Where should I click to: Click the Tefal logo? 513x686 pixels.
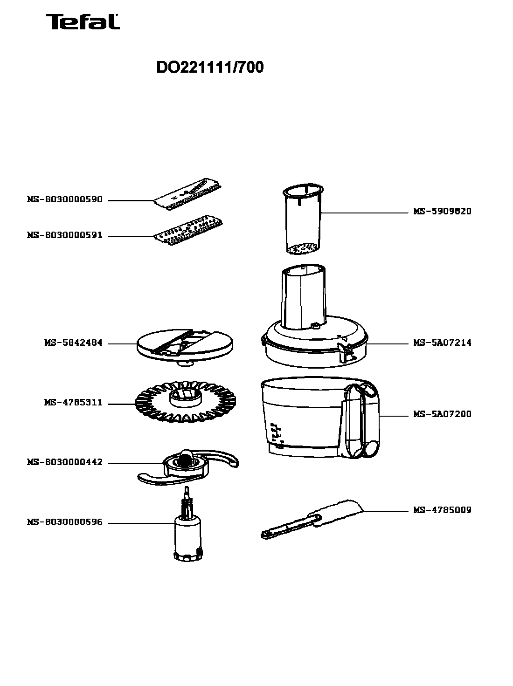(x=83, y=22)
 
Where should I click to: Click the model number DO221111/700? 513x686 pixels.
(x=210, y=67)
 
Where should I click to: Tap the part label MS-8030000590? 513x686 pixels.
(x=65, y=199)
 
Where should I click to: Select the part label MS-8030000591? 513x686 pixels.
(x=65, y=235)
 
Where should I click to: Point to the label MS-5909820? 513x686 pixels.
(x=443, y=211)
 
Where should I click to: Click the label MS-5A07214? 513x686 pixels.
(x=443, y=343)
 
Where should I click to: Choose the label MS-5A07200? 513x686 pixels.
(x=443, y=414)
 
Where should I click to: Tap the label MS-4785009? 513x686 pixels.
(x=443, y=510)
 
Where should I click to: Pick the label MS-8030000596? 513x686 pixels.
(x=65, y=522)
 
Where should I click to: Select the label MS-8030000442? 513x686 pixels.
(x=65, y=462)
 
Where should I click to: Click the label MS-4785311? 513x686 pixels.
(x=74, y=402)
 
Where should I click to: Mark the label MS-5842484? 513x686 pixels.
(x=74, y=343)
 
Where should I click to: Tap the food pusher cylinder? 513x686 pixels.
(x=303, y=219)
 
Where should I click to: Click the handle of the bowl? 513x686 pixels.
(x=363, y=420)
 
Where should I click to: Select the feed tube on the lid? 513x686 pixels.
(x=304, y=297)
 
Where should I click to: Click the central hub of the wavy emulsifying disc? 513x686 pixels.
(x=186, y=398)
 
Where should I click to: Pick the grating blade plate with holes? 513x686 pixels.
(x=188, y=230)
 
